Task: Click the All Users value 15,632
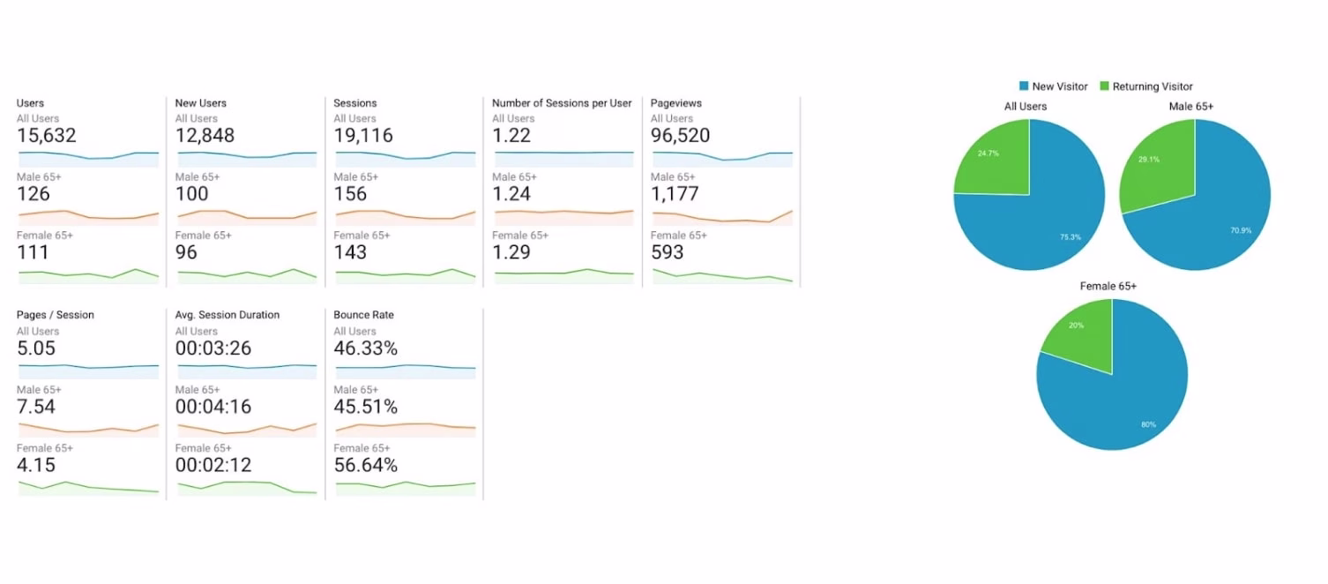pyautogui.click(x=47, y=136)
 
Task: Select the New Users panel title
pyautogui.click(x=201, y=103)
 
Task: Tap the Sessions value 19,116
pyautogui.click(x=363, y=136)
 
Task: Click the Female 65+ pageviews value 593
pyautogui.click(x=668, y=252)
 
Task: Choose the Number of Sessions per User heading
pyautogui.click(x=562, y=103)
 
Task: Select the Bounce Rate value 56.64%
pyautogui.click(x=365, y=465)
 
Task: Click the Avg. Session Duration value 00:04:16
pyautogui.click(x=213, y=407)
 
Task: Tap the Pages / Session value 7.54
pyautogui.click(x=36, y=407)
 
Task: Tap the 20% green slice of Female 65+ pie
pyautogui.click(x=1080, y=331)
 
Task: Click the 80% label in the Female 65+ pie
pyautogui.click(x=1148, y=424)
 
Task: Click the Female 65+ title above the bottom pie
pyautogui.click(x=1108, y=287)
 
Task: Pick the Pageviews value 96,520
pyautogui.click(x=680, y=136)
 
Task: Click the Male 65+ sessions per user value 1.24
pyautogui.click(x=511, y=194)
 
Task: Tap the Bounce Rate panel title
pyautogui.click(x=363, y=315)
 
